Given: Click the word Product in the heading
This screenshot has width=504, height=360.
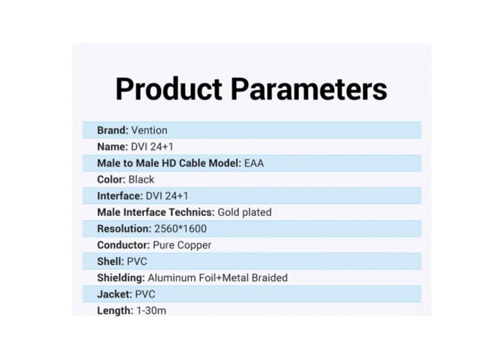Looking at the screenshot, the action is tap(168, 89).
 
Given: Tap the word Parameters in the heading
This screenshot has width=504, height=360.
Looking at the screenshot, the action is tap(309, 89).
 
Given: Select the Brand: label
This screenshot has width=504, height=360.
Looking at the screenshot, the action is tap(112, 130).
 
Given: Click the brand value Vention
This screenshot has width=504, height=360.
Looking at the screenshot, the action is tap(149, 130).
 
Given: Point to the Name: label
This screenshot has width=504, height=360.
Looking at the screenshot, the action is tap(112, 147).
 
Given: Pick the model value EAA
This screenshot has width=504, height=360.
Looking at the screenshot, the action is tap(254, 163).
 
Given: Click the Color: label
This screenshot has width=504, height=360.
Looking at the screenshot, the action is tap(111, 179).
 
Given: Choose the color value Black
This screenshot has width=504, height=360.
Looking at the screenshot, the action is tap(141, 179).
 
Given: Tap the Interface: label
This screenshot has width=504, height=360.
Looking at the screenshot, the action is tap(120, 196).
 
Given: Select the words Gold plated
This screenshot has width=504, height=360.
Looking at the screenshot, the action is tap(245, 212).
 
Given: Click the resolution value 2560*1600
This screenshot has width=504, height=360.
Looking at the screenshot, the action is tap(180, 228).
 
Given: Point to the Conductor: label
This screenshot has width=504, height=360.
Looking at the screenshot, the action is tap(123, 245).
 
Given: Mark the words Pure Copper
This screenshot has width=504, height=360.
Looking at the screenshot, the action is tap(182, 245).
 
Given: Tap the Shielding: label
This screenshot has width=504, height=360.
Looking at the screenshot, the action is tap(121, 278).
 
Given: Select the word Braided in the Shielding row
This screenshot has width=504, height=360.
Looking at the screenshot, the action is tap(270, 278).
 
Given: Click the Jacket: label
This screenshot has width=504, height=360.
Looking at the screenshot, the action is tap(114, 294).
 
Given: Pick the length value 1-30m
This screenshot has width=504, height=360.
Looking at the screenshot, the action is tap(151, 310).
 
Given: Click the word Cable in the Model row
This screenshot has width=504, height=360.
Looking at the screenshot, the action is tap(192, 163).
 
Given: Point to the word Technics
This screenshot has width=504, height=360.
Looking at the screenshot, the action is tap(192, 212).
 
